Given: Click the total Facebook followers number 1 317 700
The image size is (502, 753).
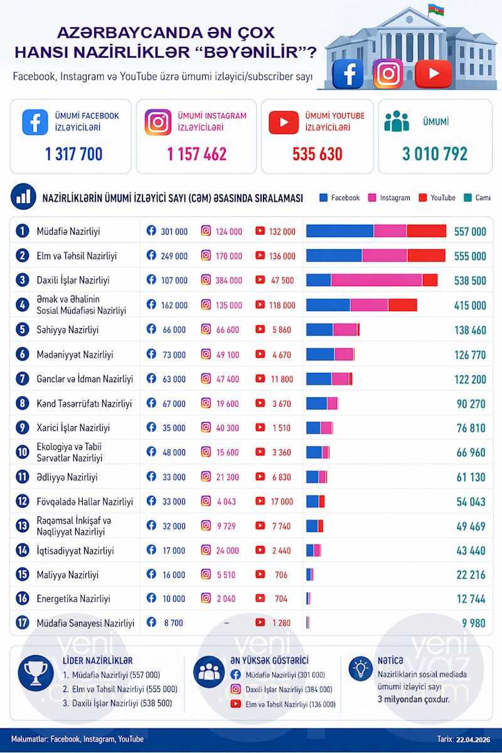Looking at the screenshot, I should (x=73, y=154).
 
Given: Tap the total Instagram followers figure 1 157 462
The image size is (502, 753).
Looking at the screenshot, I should (x=196, y=154).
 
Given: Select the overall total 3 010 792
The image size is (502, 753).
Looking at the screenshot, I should (x=435, y=154).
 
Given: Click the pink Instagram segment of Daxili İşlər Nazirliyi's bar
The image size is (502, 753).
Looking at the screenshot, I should (x=376, y=280).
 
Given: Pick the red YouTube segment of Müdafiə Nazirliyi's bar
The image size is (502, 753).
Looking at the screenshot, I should (x=426, y=231).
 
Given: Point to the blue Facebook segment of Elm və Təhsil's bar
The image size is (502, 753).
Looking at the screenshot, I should (x=334, y=255).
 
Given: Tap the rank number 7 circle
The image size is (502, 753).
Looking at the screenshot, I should (x=23, y=378).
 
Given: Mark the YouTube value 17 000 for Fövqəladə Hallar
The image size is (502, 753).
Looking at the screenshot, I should (x=282, y=501).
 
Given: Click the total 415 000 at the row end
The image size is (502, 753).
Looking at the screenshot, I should (x=470, y=305).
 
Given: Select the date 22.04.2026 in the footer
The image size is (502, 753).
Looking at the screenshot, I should (x=473, y=739).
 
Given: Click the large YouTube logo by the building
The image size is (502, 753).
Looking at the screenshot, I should (x=433, y=73).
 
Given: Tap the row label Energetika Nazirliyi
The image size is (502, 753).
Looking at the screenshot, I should (x=73, y=599).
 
